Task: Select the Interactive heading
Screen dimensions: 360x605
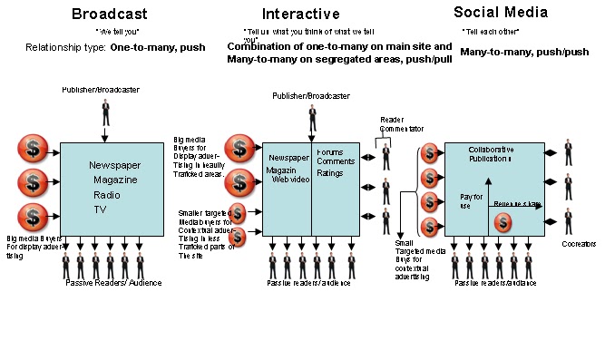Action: point(301,14)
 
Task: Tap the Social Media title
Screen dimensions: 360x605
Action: point(501,13)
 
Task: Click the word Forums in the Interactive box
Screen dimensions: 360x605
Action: point(329,151)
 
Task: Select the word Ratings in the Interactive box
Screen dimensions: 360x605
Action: point(330,171)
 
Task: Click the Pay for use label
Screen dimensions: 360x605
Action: point(472,199)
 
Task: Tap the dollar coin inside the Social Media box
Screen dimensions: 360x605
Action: point(503,220)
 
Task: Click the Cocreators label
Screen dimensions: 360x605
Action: point(578,244)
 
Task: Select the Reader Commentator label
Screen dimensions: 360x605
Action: point(400,124)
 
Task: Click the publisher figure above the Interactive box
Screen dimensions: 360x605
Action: point(313,118)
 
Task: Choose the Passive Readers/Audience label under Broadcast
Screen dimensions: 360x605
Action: point(113,283)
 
